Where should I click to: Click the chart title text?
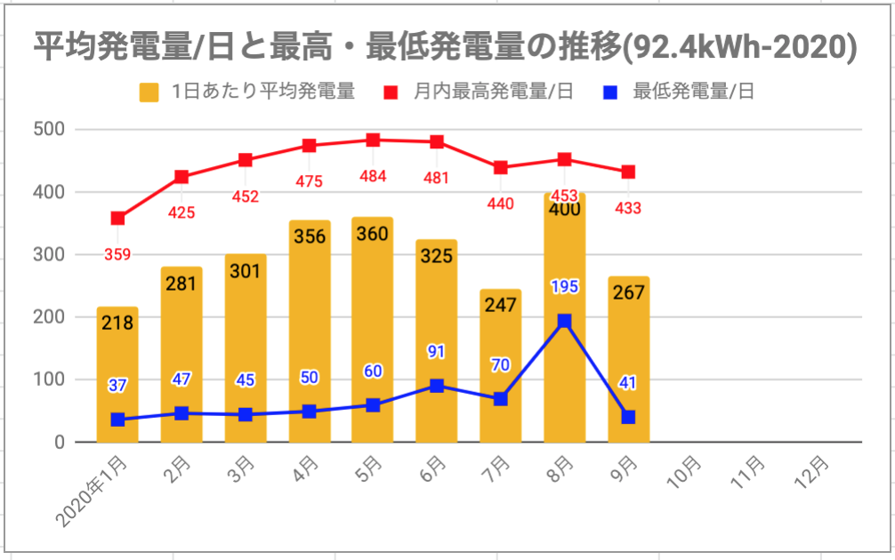click(x=446, y=47)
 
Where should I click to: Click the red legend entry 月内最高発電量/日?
click(x=493, y=92)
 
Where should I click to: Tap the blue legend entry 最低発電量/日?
click(x=693, y=92)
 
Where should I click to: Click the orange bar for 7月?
click(x=500, y=356)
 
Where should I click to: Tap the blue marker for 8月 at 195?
click(x=564, y=322)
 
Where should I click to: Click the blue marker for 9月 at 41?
click(x=628, y=417)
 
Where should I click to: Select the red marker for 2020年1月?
click(x=117, y=218)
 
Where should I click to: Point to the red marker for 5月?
click(x=373, y=140)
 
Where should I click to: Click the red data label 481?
click(x=436, y=178)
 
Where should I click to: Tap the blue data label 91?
click(x=436, y=352)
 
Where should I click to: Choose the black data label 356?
click(x=309, y=236)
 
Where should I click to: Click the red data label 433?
click(x=628, y=208)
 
